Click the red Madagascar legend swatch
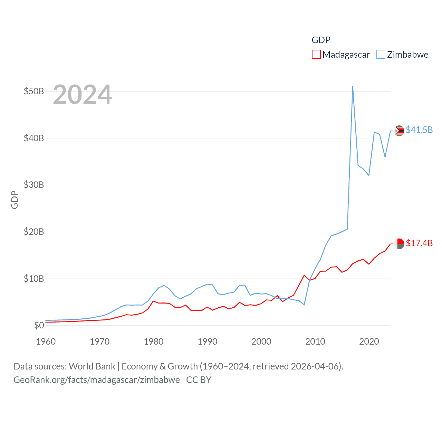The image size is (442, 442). point(316,55)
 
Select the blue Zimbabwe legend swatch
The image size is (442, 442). point(381,55)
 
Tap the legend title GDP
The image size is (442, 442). point(321,40)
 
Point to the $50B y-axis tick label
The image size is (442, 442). point(33,91)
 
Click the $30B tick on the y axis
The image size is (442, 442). point(33,185)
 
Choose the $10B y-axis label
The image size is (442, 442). point(33,279)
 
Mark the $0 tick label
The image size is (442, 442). point(39,325)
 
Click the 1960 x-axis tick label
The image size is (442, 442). point(46,342)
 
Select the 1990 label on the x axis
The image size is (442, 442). point(207,342)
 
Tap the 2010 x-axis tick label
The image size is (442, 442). point(315,342)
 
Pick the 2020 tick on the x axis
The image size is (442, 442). point(369,342)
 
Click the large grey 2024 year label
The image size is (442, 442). point(82,95)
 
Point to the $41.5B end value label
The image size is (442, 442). point(419,130)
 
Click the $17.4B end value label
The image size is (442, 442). point(419,243)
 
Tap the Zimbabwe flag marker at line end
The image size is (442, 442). point(399,131)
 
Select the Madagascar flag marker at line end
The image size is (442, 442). point(399,244)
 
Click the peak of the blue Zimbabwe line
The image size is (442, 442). point(353,87)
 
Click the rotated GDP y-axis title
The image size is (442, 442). point(15,200)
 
